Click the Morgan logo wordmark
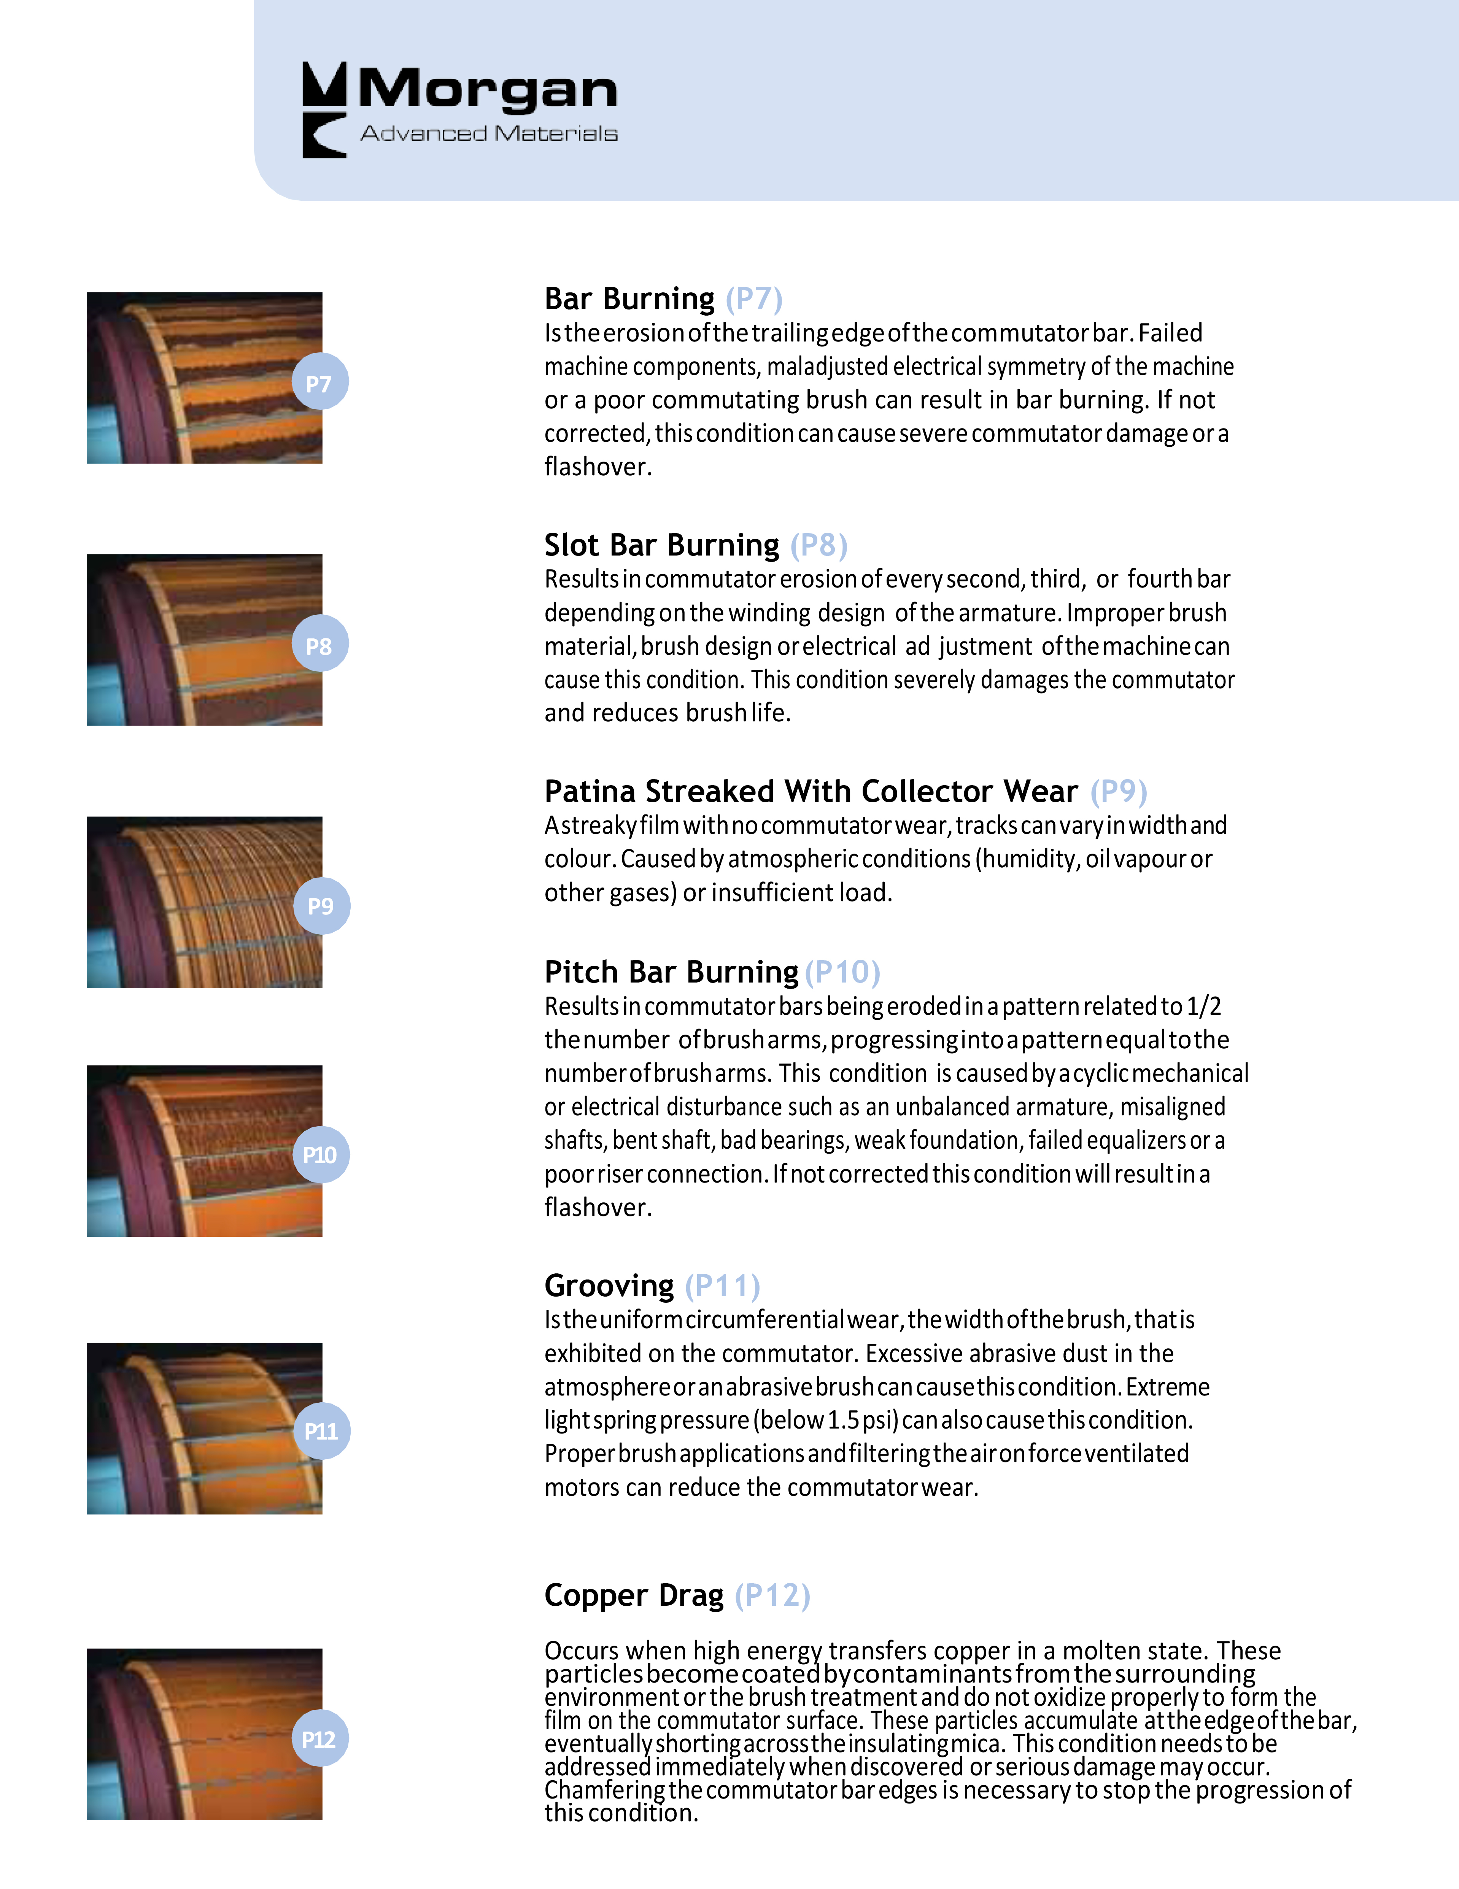tap(487, 89)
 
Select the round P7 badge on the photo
tap(319, 382)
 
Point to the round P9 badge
tap(321, 906)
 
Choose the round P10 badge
tap(320, 1155)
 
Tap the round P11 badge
tap(321, 1432)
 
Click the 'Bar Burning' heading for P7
tap(629, 299)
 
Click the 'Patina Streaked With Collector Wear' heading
tap(811, 791)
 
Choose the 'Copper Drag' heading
tap(633, 1595)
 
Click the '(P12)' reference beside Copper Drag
tap(772, 1595)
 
